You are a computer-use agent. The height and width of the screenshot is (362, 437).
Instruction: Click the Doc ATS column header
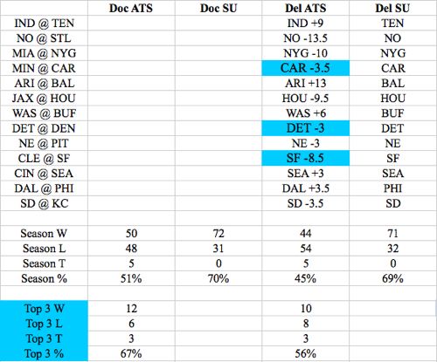pyautogui.click(x=131, y=8)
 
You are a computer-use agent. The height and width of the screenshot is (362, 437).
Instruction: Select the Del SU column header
pyautogui.click(x=392, y=8)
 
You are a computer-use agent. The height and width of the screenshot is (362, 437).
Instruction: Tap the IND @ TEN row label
pyautogui.click(x=44, y=23)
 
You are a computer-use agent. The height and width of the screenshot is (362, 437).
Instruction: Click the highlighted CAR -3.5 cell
pyautogui.click(x=305, y=68)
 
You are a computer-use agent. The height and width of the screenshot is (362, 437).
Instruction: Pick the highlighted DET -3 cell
pyautogui.click(x=305, y=128)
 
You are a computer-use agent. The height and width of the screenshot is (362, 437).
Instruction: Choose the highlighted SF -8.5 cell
pyautogui.click(x=305, y=158)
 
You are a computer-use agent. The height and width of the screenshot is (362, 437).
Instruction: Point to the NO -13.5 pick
pyautogui.click(x=305, y=38)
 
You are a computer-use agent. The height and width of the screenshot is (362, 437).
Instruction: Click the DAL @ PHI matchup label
pyautogui.click(x=44, y=188)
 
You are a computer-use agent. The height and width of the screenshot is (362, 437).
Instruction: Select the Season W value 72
pyautogui.click(x=218, y=234)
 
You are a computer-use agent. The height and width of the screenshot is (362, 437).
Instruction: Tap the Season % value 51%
pyautogui.click(x=131, y=278)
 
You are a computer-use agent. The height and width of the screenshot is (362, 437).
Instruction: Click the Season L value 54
pyautogui.click(x=306, y=249)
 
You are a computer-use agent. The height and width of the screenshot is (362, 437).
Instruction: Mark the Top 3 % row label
pyautogui.click(x=44, y=353)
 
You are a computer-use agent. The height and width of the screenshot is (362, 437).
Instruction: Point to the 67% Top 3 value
pyautogui.click(x=131, y=353)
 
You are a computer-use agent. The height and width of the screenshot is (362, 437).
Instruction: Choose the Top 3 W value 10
pyautogui.click(x=306, y=309)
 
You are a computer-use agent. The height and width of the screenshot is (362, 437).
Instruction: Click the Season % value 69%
pyautogui.click(x=392, y=278)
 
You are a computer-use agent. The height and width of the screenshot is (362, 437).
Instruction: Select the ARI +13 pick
pyautogui.click(x=305, y=83)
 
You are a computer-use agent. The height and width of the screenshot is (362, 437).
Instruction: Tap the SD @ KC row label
pyautogui.click(x=44, y=203)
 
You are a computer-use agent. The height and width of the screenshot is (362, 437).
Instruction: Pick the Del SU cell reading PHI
pyautogui.click(x=392, y=188)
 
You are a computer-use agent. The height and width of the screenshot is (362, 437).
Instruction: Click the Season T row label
pyautogui.click(x=44, y=263)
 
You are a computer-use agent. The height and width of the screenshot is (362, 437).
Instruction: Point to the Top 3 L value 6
pyautogui.click(x=131, y=324)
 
